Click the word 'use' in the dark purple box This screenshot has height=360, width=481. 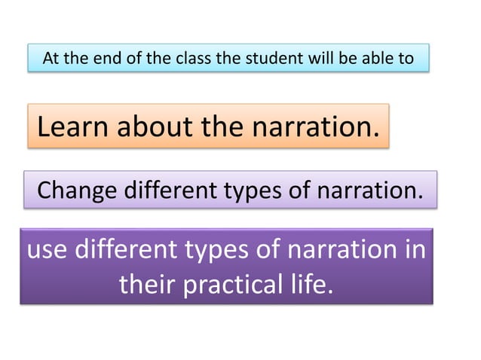pyautogui.click(x=47, y=249)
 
